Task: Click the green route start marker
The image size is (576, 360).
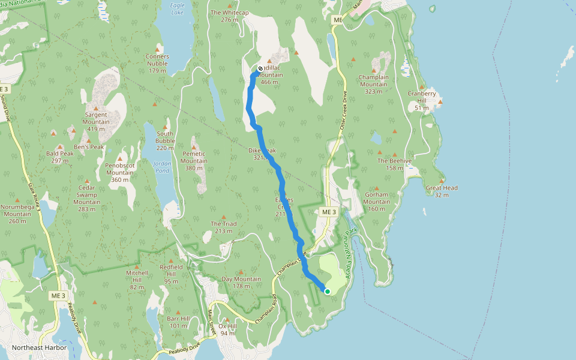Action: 328,292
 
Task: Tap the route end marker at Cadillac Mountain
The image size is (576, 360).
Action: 260,69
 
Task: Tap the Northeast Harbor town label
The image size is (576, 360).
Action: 40,348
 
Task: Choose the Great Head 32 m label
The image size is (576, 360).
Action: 442,191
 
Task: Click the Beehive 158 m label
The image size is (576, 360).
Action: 394,164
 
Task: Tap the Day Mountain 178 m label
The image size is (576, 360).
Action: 241,282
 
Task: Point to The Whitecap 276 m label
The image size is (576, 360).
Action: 230,16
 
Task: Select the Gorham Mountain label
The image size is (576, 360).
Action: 377,202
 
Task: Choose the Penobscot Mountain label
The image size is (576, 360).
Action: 119,172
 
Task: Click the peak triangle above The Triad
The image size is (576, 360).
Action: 224,217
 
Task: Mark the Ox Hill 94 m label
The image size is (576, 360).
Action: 227,329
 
